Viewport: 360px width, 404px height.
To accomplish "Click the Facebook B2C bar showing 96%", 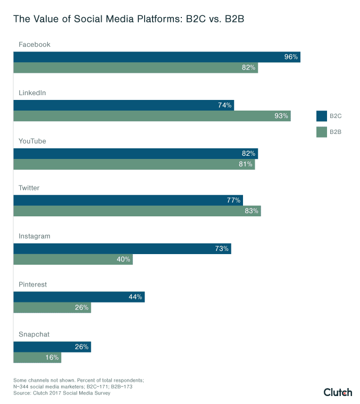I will [x=157, y=57].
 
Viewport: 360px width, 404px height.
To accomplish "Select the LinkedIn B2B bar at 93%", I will [x=152, y=116].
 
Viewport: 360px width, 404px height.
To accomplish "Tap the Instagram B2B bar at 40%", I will [x=73, y=259].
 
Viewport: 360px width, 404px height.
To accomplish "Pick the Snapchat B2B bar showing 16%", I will [x=37, y=358].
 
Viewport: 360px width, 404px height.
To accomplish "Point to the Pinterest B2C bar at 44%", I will [x=79, y=297].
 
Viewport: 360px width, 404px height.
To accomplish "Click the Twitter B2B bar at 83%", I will [x=137, y=211].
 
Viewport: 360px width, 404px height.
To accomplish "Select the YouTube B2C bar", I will [x=136, y=154].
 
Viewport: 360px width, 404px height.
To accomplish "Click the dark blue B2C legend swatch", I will [x=321, y=116].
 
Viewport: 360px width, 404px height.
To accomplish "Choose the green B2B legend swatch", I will [x=321, y=132].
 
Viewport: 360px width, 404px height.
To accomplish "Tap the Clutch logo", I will [x=338, y=392].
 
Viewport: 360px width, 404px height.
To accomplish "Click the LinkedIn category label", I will [x=32, y=92].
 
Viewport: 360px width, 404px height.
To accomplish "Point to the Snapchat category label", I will [x=34, y=334].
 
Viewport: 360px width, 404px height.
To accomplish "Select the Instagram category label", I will [x=34, y=236].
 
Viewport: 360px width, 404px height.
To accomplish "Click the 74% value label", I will [x=224, y=105].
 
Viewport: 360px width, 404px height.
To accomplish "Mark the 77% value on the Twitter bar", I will [x=234, y=200].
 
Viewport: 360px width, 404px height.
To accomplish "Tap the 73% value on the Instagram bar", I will [x=222, y=249].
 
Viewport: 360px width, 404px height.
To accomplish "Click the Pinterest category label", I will [x=32, y=284].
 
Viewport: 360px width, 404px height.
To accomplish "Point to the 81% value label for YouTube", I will [x=246, y=164].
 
